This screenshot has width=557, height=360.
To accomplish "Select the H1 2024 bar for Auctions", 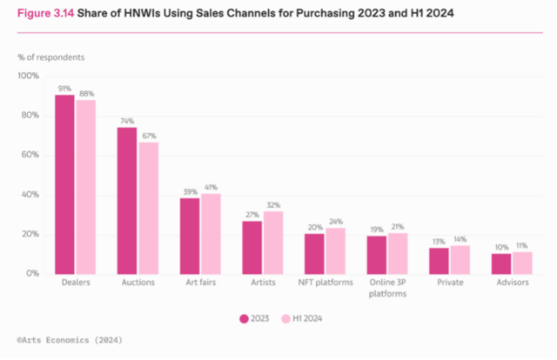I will click(148, 208).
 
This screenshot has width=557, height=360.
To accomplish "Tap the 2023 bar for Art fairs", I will click(190, 236).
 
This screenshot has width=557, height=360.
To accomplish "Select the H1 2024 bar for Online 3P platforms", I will click(397, 253).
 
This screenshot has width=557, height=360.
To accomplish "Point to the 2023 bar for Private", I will click(440, 260).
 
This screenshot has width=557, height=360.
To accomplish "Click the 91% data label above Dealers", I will click(64, 87).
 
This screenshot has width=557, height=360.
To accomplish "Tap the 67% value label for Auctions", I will click(148, 135).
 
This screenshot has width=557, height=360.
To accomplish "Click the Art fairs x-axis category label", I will click(200, 283).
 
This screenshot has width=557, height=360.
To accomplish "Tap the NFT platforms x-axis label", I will click(325, 283).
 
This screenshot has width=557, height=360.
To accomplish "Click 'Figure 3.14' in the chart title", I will click(44, 15).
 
